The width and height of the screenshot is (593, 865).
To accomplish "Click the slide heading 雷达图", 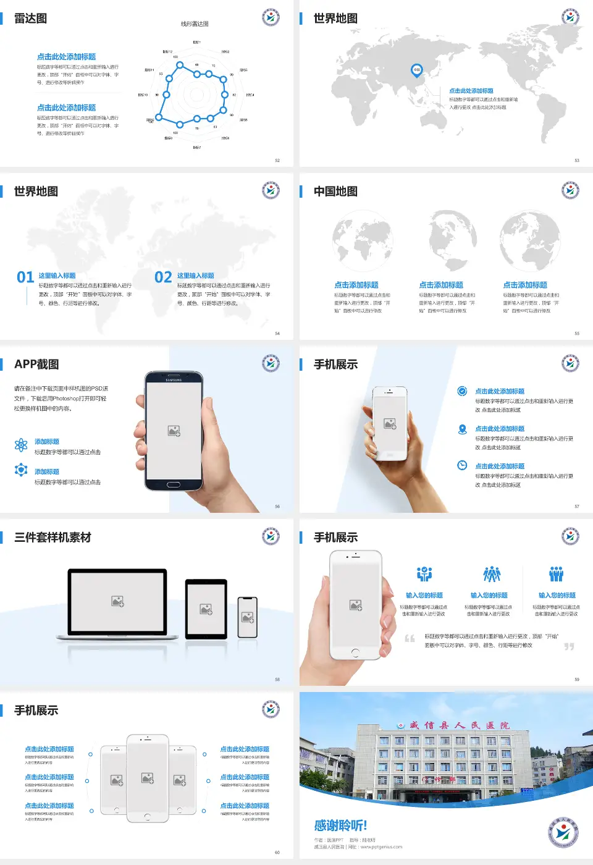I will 30,19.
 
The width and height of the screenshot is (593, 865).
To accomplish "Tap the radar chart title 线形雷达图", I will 195,24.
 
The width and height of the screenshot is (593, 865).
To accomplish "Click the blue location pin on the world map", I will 416,70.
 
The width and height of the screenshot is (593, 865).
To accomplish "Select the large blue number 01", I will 25,277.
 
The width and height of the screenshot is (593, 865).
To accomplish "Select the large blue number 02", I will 163,277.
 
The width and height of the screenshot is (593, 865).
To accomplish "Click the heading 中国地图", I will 335,192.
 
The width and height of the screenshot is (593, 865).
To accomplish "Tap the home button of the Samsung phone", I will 174,485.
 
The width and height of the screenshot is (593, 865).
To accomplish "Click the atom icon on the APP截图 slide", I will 21,445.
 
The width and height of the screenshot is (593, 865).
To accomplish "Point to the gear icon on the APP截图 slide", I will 21,470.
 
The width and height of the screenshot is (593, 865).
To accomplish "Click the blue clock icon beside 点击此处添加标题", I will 462,465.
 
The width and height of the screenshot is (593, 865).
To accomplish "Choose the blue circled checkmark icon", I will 462,391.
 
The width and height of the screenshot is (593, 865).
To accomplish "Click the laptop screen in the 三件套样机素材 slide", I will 117,601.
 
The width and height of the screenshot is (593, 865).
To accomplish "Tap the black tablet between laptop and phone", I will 206,609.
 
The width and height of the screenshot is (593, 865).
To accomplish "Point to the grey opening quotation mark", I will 410,638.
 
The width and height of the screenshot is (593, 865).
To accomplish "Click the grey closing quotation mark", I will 569,646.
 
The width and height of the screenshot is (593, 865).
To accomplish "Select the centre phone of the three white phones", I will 148,778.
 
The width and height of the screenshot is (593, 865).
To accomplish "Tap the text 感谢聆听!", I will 340,825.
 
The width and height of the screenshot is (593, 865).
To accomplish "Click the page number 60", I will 277,853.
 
